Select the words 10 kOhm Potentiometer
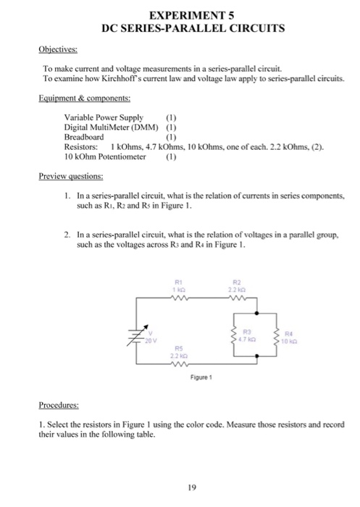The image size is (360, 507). [x=104, y=155]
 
